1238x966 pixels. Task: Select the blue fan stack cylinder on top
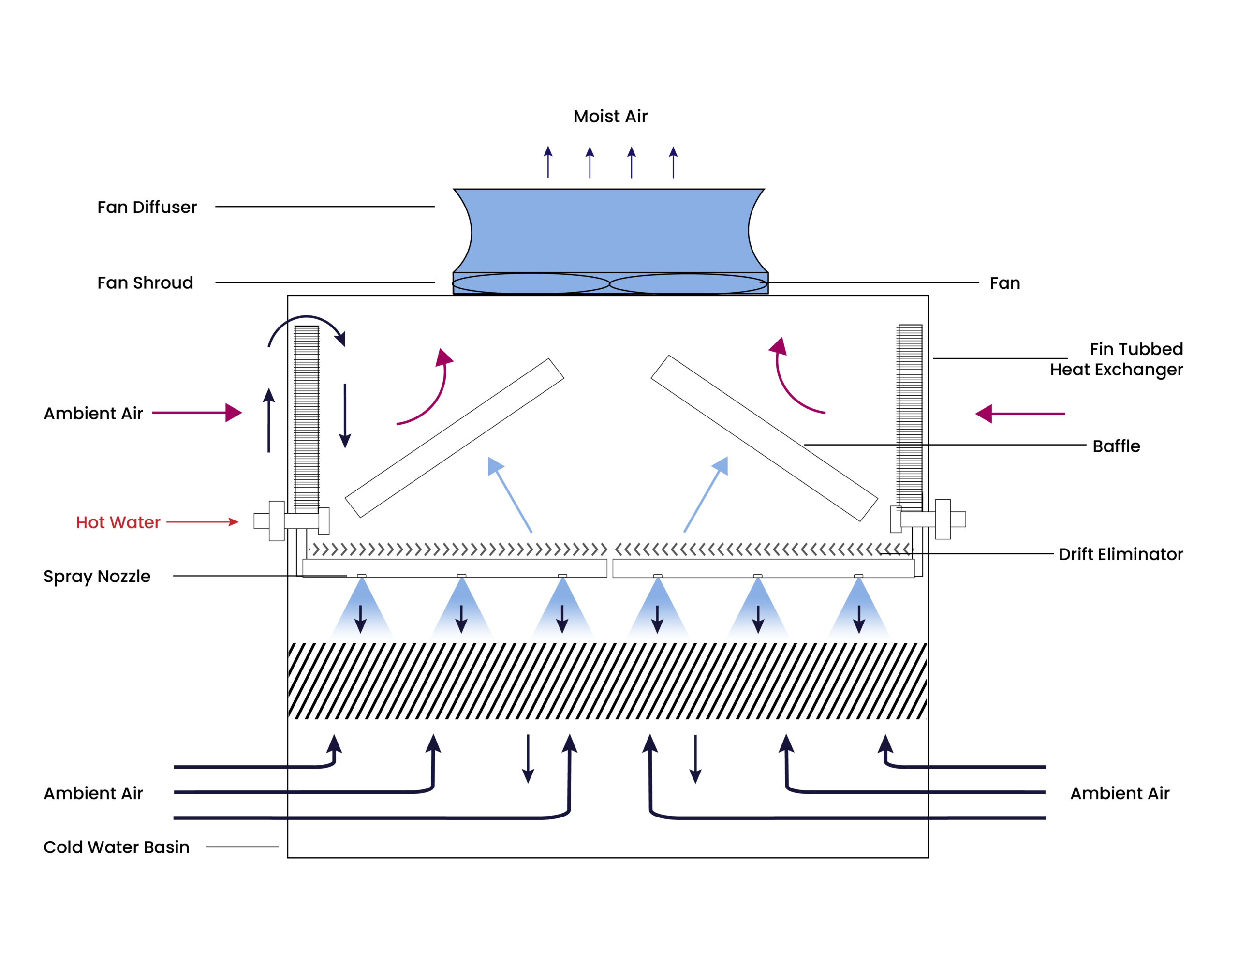[610, 231]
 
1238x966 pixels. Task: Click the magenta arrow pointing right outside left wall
[197, 413]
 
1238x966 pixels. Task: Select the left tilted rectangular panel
[454, 438]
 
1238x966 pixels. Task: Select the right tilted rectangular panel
[764, 438]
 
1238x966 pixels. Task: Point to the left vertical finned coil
[307, 419]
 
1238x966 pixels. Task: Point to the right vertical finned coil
[910, 416]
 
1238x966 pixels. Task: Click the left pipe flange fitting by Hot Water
[276, 520]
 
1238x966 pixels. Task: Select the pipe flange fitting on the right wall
[943, 519]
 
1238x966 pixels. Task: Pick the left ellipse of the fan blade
[531, 283]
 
